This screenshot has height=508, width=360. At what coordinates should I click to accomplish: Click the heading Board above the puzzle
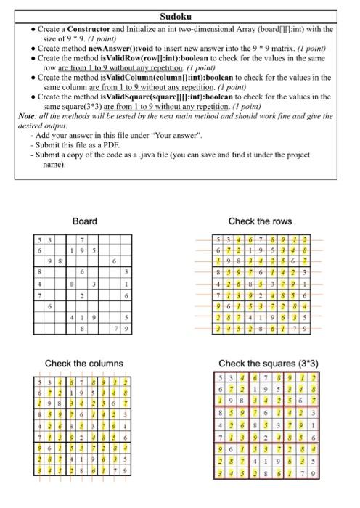[x=85, y=221]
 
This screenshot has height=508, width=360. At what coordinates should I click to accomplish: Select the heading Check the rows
[x=259, y=221]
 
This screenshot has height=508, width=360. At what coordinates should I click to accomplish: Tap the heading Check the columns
[x=84, y=363]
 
